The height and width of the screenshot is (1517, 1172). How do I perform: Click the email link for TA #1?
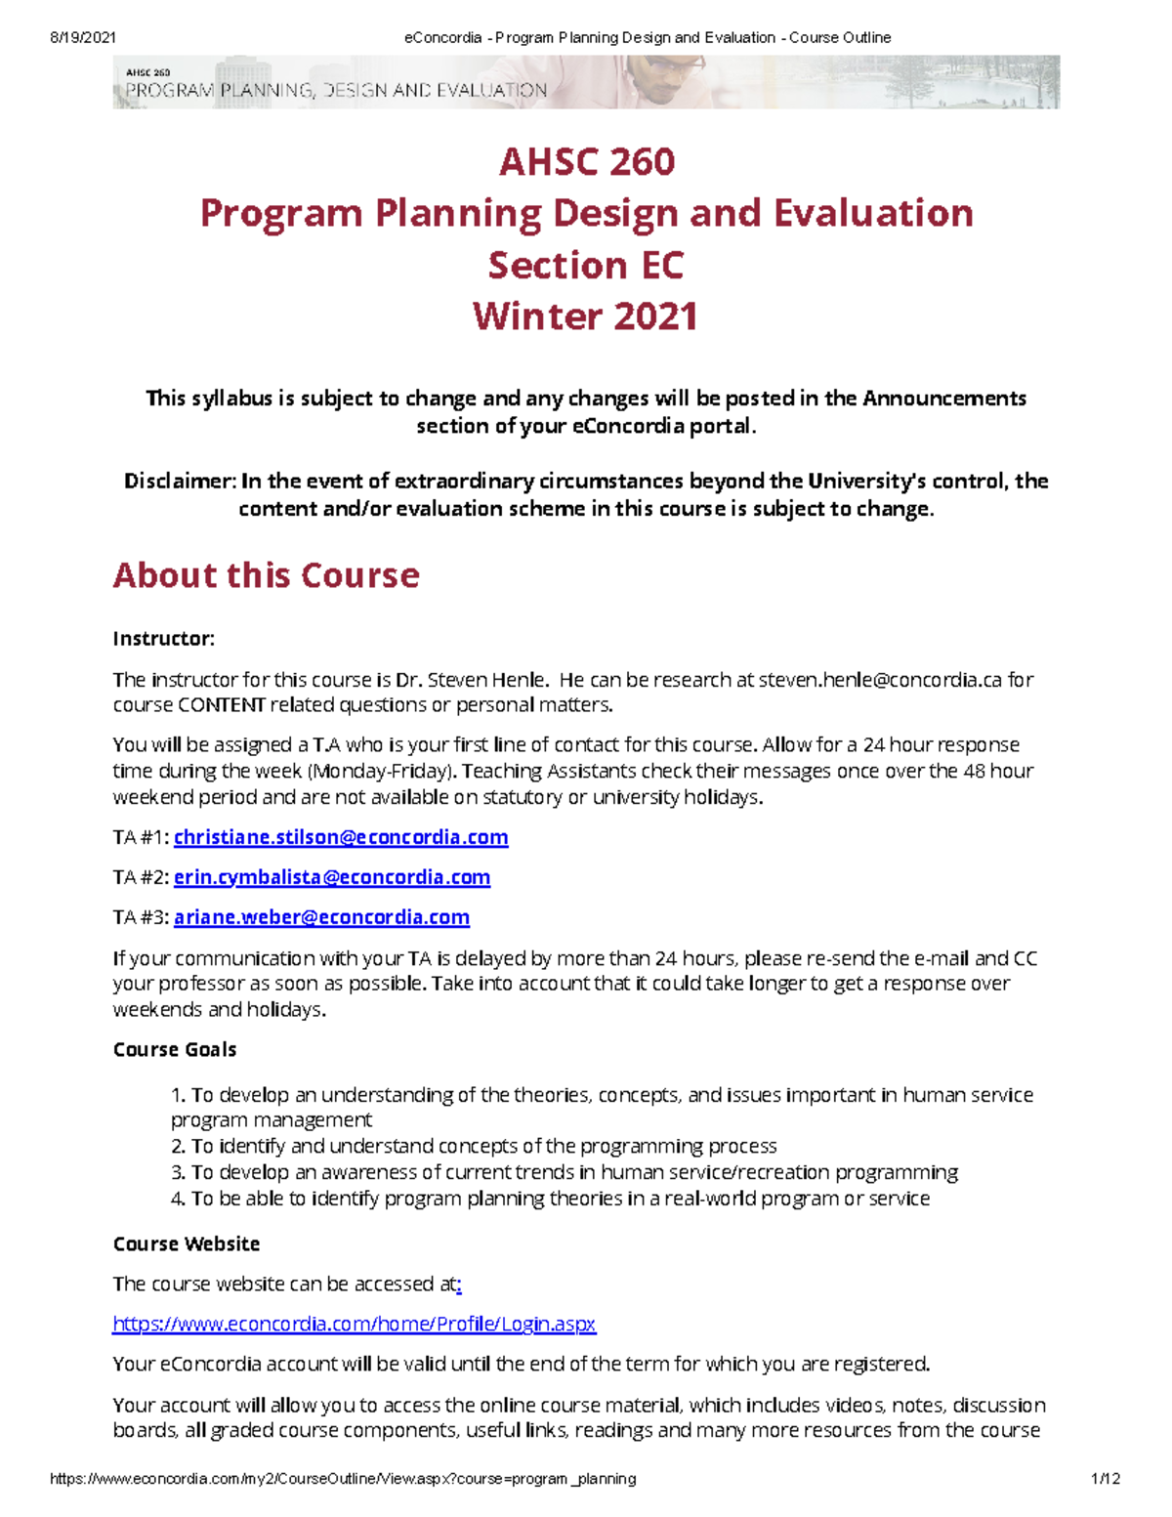click(x=341, y=837)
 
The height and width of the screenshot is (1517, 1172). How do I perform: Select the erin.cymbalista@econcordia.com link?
click(x=332, y=877)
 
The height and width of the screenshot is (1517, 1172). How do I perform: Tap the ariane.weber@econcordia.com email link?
click(x=321, y=917)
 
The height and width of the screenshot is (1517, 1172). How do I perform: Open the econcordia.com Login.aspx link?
click(x=354, y=1324)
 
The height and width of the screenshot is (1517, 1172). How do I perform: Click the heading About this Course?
click(x=266, y=575)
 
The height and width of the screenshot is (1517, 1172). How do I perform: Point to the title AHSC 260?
click(x=586, y=162)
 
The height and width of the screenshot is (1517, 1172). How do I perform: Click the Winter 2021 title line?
click(x=585, y=316)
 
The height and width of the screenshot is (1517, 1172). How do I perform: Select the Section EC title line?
click(x=585, y=265)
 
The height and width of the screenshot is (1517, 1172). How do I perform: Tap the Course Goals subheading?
click(x=175, y=1049)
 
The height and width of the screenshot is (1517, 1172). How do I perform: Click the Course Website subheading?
click(x=187, y=1243)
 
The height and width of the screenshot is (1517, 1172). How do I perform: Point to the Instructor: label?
click(x=163, y=639)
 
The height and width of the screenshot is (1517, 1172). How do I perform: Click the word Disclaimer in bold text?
click(x=180, y=481)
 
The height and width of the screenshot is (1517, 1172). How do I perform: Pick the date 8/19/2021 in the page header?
click(x=83, y=37)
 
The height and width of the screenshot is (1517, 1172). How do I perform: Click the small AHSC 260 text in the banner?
click(x=148, y=72)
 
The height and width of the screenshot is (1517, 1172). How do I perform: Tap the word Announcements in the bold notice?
click(x=943, y=398)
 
